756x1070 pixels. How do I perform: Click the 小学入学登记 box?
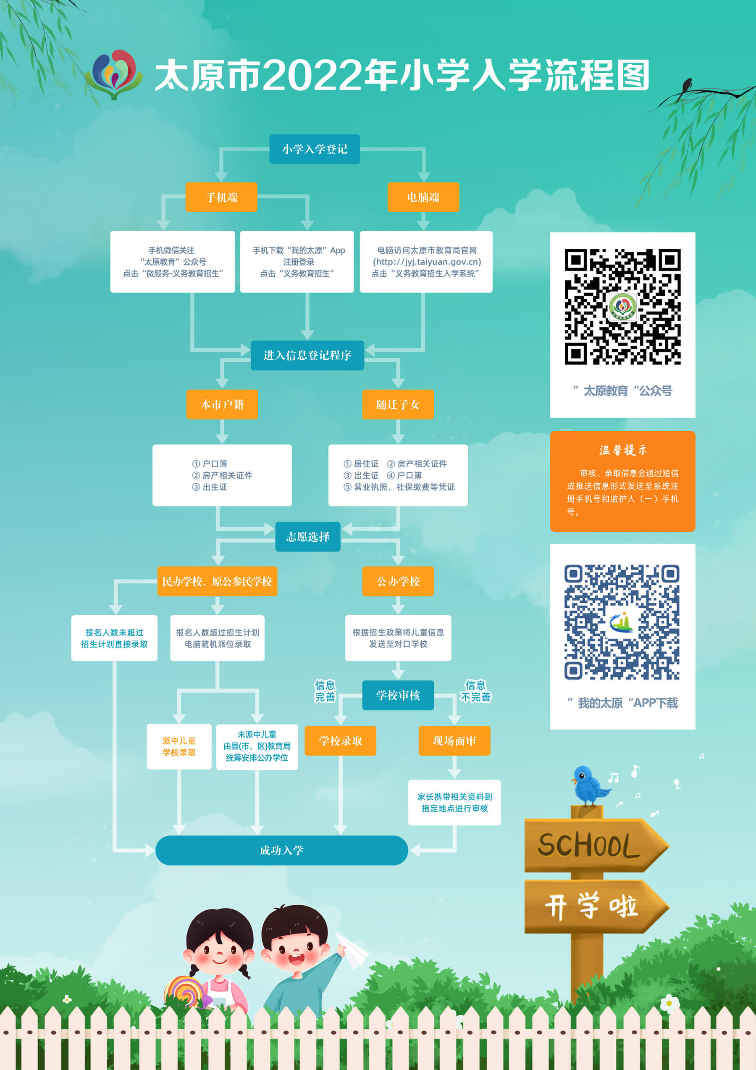click(315, 149)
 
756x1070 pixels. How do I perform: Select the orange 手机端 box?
click(221, 197)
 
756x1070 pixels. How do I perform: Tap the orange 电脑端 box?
click(423, 197)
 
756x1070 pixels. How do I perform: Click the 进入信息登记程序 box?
click(307, 356)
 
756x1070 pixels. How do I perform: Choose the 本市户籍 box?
click(222, 404)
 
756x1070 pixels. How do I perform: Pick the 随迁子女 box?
click(398, 404)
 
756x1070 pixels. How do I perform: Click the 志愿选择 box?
click(307, 536)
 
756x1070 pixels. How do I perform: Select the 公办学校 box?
click(398, 581)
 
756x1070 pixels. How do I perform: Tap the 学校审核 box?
click(398, 695)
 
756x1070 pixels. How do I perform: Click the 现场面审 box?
click(454, 741)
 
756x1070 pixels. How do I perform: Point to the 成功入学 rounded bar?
click(281, 851)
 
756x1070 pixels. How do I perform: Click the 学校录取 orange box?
click(340, 741)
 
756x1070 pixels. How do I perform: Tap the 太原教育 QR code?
click(623, 307)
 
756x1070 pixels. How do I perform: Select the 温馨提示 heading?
click(623, 450)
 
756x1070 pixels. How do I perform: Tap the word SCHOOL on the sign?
click(588, 846)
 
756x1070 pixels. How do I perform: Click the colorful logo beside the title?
click(114, 74)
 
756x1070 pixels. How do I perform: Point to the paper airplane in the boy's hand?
click(352, 949)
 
